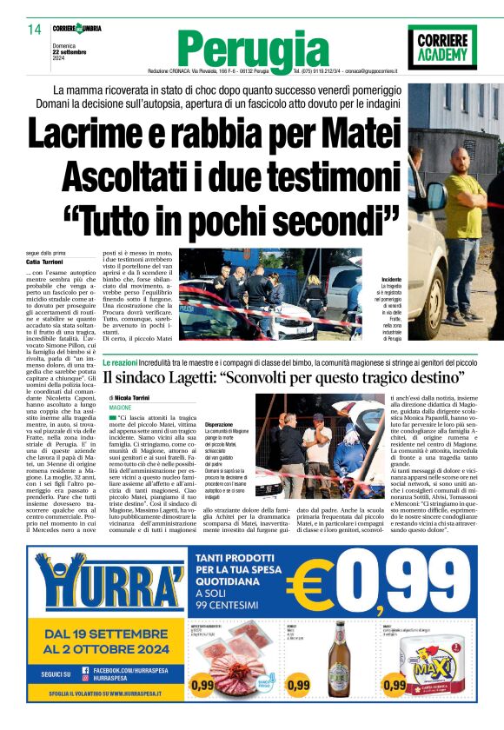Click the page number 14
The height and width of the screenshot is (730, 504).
(34, 30)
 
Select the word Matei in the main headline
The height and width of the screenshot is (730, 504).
(352, 136)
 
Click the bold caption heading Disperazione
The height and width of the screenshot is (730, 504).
(219, 423)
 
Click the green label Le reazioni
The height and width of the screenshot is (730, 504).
(119, 361)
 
